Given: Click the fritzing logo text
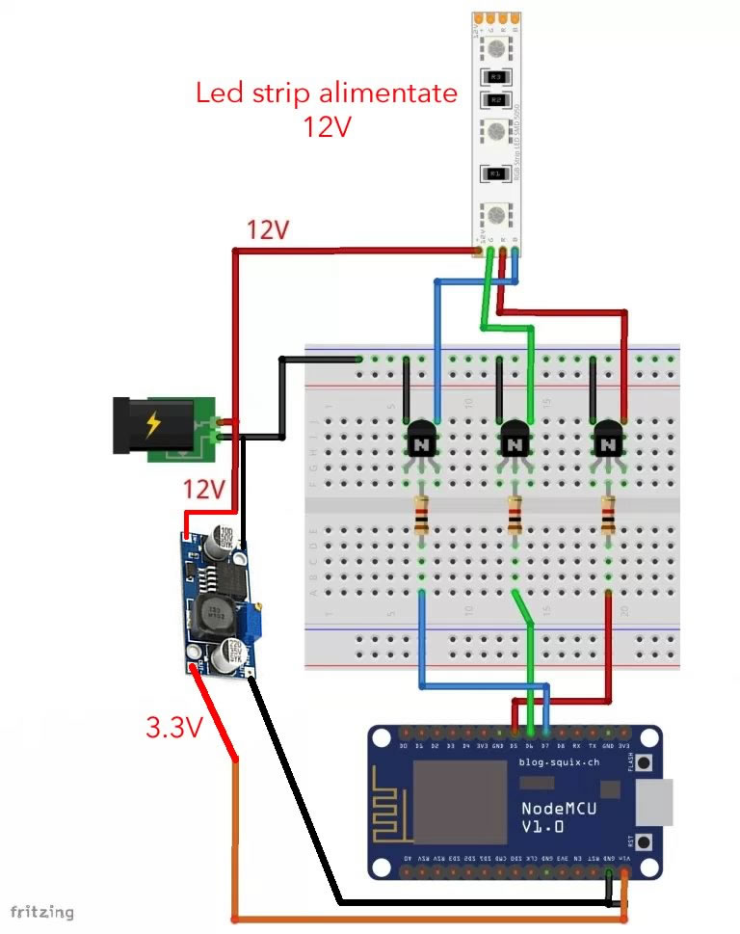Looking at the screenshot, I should pos(42,911).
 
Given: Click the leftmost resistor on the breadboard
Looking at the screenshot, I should pos(422,514).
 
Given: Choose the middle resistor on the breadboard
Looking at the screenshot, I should pos(515,514).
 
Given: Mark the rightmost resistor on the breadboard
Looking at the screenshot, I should pos(608,514).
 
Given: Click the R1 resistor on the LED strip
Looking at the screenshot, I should pos(495,173).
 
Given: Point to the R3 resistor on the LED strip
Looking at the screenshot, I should pos(495,74).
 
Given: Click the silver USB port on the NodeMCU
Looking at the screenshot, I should pos(660,802).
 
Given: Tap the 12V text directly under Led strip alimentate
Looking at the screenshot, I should pos(326,125).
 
